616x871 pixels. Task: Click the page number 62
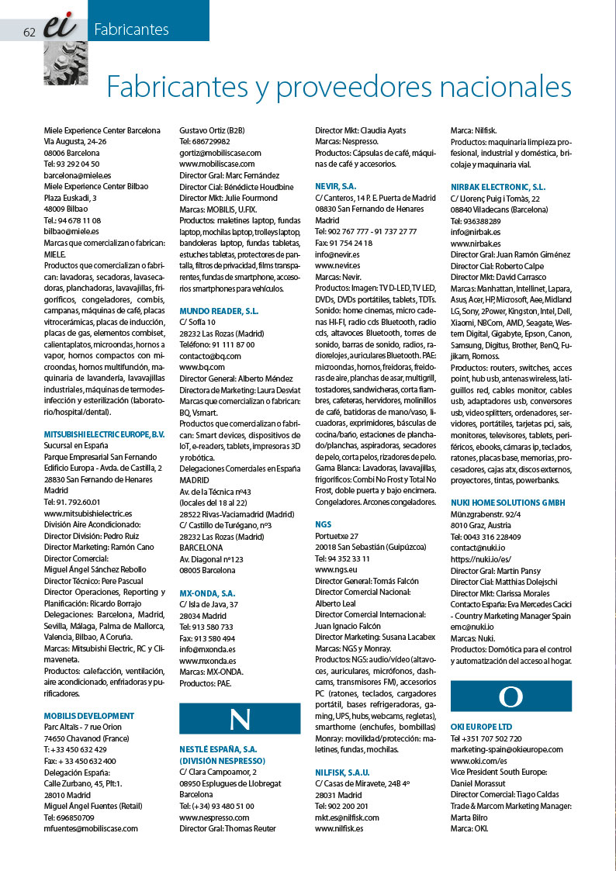(30, 32)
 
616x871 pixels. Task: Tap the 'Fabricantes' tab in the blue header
(131, 30)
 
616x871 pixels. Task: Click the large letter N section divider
(239, 718)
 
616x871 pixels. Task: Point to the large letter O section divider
(510, 696)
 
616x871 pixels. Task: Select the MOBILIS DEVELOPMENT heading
(89, 715)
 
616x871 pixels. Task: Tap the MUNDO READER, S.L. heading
(219, 310)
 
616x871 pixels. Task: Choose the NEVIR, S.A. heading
(336, 186)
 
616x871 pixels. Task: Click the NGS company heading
(323, 524)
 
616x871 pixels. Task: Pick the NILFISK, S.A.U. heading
(342, 772)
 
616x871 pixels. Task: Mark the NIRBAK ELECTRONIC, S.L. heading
(498, 187)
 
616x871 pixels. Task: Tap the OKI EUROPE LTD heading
(481, 727)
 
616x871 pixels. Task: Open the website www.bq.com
(202, 366)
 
